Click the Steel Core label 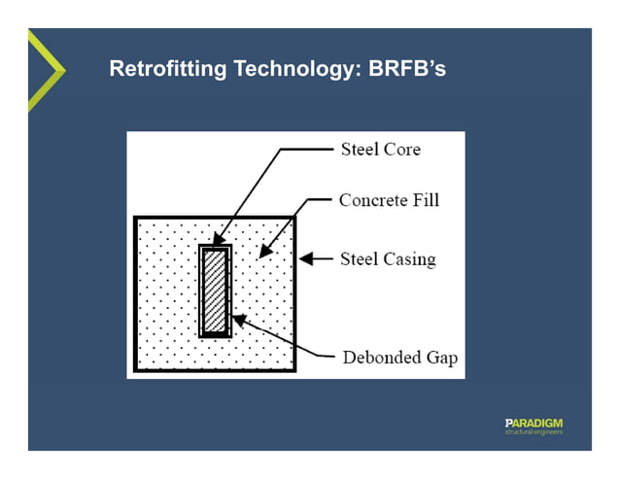(x=380, y=150)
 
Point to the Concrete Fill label (x=389, y=200)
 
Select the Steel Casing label (x=387, y=259)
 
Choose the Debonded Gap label (x=399, y=358)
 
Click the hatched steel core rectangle (x=214, y=291)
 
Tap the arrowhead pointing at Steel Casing (x=305, y=259)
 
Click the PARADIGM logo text (x=534, y=423)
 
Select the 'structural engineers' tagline (x=534, y=431)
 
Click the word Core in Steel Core (x=401, y=150)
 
